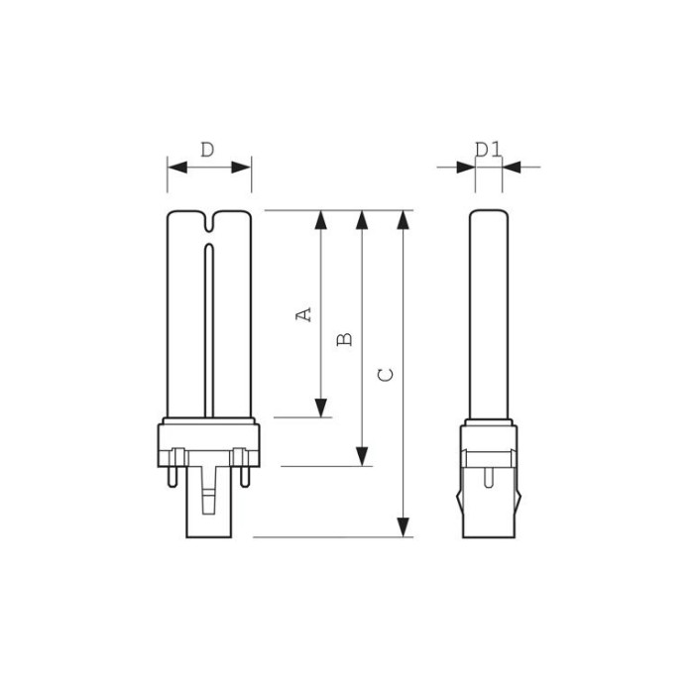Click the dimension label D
207,150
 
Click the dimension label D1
487,149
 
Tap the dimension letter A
305,313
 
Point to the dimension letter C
388,374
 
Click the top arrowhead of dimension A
320,220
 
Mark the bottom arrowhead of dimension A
320,407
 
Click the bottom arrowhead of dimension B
364,455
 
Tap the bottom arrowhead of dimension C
403,527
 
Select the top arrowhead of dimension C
403,220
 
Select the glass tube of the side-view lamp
488,317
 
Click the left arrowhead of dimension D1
465,167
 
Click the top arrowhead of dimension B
364,220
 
